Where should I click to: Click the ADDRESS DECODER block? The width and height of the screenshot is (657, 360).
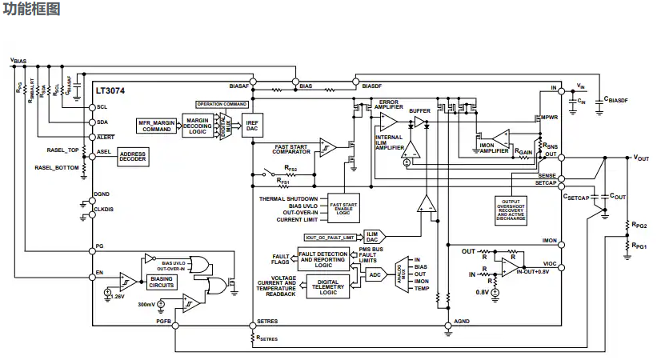[x=134, y=157]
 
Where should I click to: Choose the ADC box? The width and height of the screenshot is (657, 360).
[x=375, y=274]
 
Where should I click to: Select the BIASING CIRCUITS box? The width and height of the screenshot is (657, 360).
[x=163, y=282]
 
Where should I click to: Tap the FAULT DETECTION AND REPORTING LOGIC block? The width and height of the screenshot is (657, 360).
[x=322, y=258]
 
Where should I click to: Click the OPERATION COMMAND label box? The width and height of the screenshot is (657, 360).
[x=222, y=104]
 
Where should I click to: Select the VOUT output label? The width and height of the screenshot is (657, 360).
[x=641, y=158]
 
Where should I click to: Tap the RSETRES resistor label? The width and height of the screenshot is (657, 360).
[x=267, y=339]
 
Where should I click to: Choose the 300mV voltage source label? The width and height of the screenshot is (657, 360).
[x=146, y=304]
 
